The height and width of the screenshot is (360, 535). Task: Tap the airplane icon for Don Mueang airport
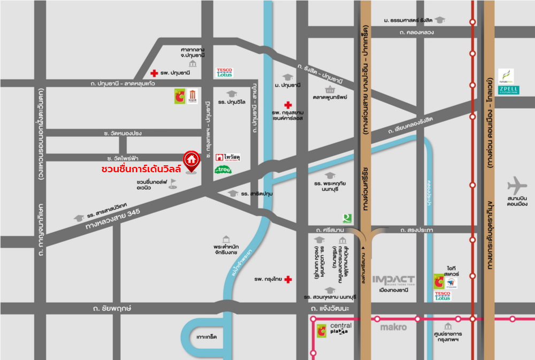pos(517,186)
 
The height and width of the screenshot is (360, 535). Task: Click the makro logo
pos(394,327)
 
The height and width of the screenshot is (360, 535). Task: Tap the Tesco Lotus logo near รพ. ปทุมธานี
pos(224,72)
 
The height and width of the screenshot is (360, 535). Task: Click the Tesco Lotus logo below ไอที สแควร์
pos(442,296)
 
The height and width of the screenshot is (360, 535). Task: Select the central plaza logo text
pos(340,328)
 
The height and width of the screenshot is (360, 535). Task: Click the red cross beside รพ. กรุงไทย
pos(288,279)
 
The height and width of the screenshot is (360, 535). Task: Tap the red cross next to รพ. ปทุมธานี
pos(154,73)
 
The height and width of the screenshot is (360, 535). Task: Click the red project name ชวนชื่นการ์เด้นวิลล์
pos(142,169)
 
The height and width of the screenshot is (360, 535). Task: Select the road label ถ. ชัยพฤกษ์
pos(112,309)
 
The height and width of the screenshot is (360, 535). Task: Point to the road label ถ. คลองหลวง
pos(417,32)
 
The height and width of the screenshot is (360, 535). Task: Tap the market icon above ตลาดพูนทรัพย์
pos(330,89)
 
